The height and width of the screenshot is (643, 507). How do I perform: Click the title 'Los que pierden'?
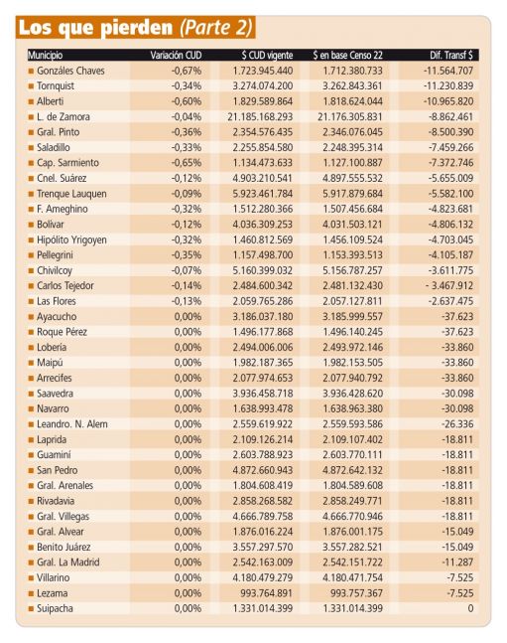(96, 28)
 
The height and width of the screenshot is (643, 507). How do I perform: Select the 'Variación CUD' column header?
(176, 55)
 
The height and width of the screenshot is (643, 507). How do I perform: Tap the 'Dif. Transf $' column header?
(451, 55)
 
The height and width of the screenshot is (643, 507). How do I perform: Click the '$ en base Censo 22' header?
(347, 55)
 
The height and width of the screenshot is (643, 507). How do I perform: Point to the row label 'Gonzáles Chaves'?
(70, 71)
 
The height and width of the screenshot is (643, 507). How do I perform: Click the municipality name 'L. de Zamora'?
(63, 117)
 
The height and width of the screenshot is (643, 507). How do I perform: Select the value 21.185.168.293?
(260, 117)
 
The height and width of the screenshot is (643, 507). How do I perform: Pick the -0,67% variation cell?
(187, 71)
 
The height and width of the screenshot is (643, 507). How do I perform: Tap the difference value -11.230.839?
(448, 86)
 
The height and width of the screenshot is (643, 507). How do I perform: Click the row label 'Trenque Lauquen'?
(71, 194)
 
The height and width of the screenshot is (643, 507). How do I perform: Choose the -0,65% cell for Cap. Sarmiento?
(187, 163)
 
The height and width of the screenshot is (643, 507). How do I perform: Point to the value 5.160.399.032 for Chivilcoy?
(263, 270)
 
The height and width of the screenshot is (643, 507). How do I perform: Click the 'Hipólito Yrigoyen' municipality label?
(71, 240)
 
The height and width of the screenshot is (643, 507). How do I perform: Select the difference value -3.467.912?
(449, 286)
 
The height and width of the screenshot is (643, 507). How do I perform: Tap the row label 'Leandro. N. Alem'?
(72, 424)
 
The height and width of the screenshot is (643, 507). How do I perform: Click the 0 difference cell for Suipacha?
(470, 608)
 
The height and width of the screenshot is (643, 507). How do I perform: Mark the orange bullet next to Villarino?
(31, 578)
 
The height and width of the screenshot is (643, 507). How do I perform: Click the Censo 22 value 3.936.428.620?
(352, 394)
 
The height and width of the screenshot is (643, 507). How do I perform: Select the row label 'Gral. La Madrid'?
(68, 563)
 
